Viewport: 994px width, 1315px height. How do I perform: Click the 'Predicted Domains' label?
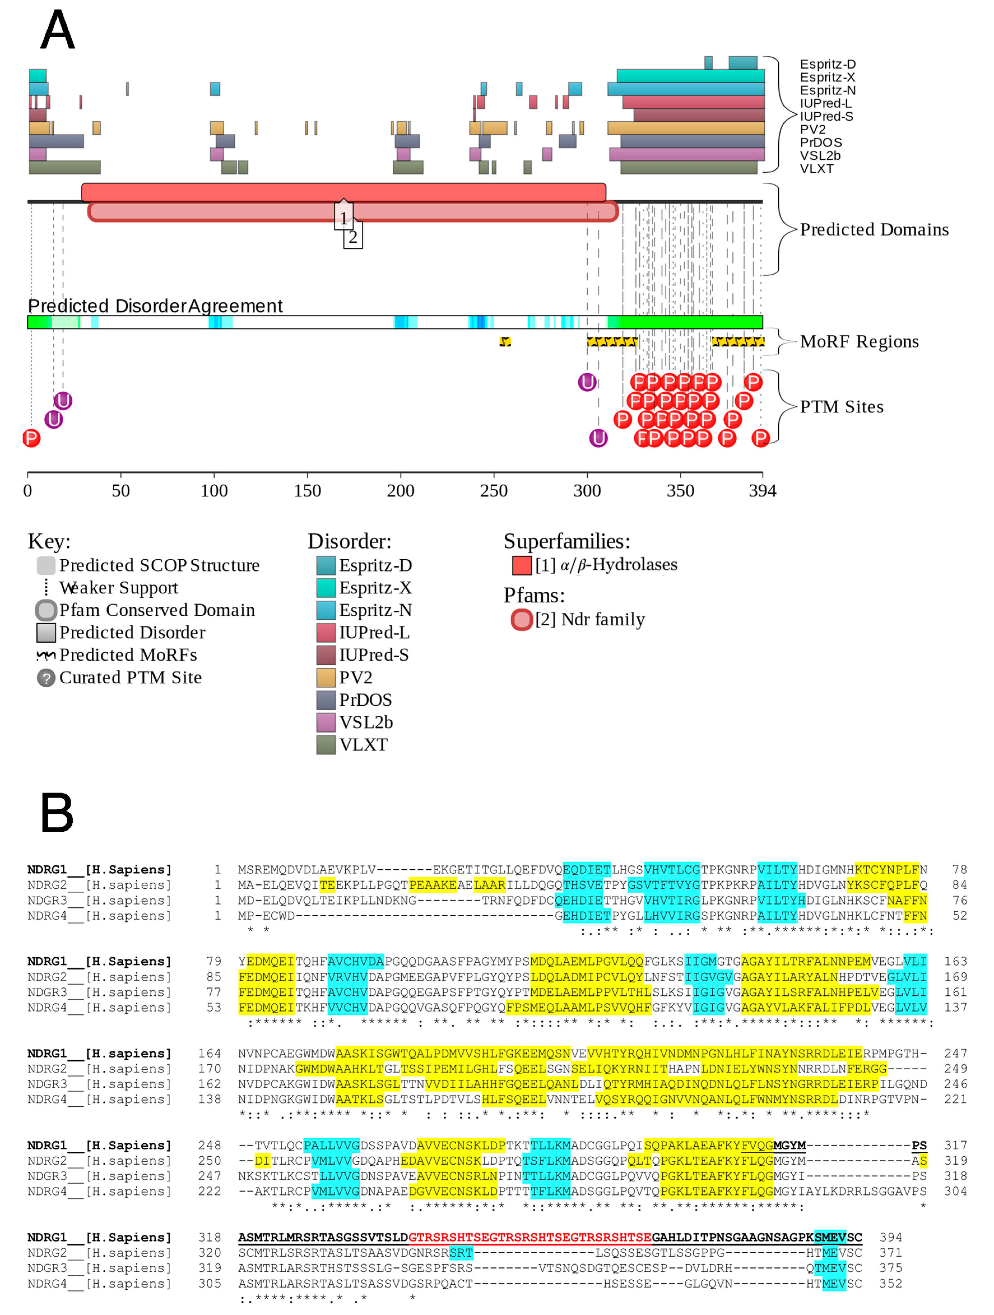874,229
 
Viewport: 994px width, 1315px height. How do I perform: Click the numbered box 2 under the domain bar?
353,237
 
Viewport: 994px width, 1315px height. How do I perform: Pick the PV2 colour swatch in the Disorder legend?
326,677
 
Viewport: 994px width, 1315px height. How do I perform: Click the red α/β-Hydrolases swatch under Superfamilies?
522,565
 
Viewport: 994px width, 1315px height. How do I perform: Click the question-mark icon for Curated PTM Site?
46,678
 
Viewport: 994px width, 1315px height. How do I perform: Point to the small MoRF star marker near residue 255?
505,341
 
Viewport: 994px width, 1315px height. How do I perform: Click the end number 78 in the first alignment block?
959,869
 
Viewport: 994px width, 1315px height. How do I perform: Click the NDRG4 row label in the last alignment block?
99,1284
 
